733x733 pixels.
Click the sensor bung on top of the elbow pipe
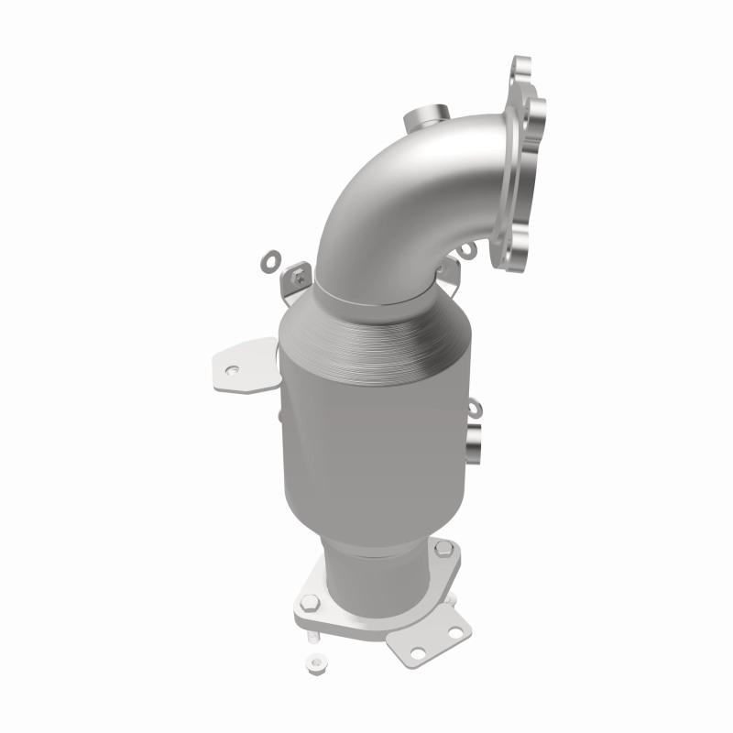coord(421,120)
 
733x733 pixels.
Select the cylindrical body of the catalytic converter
coord(366,431)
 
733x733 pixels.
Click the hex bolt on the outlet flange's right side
coord(443,552)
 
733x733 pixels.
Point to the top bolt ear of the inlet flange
coord(522,69)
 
